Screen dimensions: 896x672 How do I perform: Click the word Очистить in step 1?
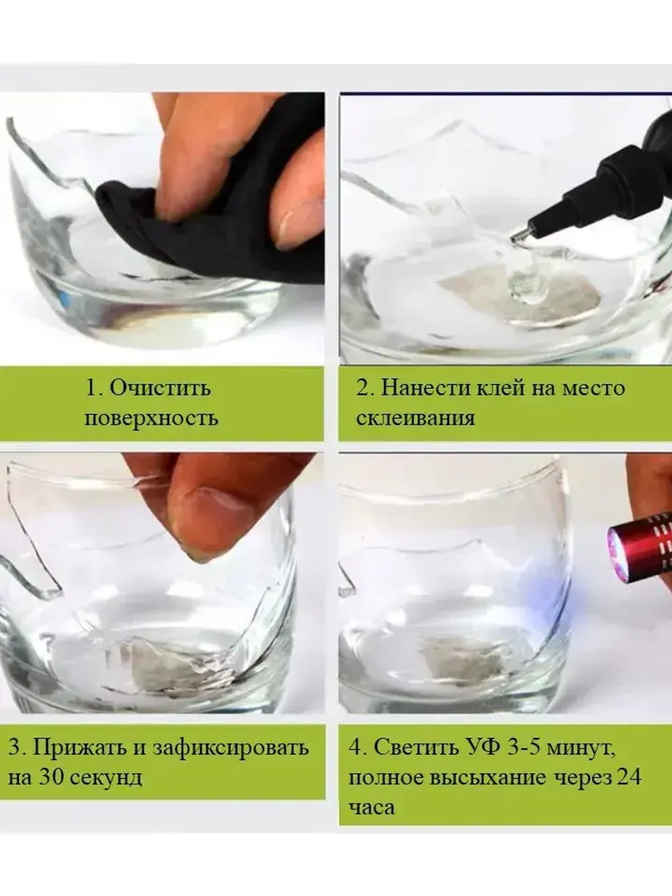click(x=159, y=388)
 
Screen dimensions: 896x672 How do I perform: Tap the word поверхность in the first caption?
click(x=151, y=417)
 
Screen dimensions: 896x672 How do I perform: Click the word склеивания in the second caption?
click(x=415, y=417)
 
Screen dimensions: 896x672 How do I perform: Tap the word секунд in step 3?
click(x=106, y=777)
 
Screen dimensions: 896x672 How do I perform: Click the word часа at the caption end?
click(x=371, y=807)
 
